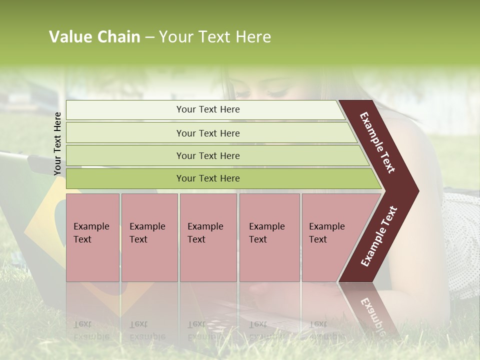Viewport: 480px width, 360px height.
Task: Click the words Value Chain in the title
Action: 94,37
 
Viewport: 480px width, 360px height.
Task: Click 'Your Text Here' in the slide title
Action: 214,37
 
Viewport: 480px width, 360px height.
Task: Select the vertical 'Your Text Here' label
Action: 57,143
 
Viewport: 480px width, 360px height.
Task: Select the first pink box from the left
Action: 92,237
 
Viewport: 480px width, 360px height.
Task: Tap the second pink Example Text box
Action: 149,237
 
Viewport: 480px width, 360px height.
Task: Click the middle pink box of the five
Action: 208,237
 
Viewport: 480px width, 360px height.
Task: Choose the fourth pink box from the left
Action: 269,237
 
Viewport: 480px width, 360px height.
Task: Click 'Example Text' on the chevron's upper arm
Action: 377,142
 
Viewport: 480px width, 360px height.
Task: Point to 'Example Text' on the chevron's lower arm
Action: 379,236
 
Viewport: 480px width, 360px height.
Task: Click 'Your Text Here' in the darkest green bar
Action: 208,178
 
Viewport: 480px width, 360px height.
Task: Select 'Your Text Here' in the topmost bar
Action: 208,109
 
